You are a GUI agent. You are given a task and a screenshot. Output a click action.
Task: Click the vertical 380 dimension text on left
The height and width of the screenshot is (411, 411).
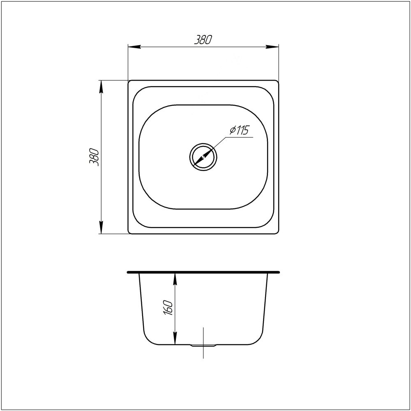tap(94, 157)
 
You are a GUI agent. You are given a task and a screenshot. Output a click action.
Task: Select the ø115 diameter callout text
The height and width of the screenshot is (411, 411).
tap(238, 131)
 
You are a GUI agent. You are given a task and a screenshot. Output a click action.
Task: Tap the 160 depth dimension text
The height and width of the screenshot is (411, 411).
tap(168, 308)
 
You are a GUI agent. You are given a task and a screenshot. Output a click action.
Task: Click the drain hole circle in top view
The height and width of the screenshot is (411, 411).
tap(203, 157)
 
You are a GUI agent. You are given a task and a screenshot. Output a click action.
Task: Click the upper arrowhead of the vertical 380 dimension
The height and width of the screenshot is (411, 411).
tap(101, 85)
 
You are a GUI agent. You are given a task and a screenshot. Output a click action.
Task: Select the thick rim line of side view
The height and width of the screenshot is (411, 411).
tap(203, 272)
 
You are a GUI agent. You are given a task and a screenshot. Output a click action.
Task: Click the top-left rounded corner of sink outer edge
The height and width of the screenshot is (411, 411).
tap(130, 82)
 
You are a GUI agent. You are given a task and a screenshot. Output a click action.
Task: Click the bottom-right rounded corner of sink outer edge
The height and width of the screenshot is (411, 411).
tap(277, 232)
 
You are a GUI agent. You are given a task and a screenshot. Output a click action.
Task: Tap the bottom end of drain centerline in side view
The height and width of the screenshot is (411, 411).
tap(203, 358)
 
